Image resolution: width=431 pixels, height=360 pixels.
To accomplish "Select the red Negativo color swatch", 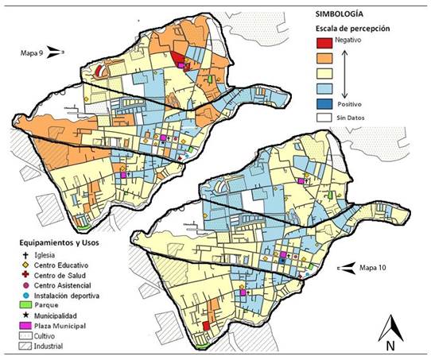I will click(324, 42).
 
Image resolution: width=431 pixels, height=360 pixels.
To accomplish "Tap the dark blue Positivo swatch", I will click(324, 104).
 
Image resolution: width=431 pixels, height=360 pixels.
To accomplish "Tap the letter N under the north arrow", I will click(390, 345).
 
